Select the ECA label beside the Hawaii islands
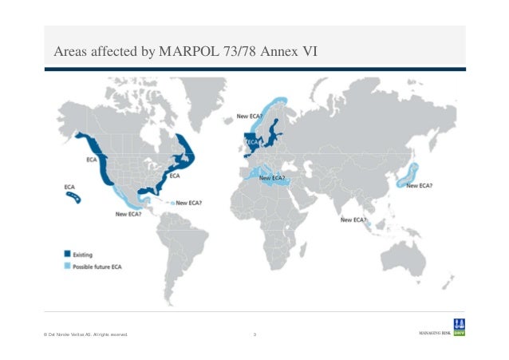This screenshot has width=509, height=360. [69, 187]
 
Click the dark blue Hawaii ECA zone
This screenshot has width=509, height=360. [73, 195]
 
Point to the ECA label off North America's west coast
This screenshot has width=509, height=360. [92, 161]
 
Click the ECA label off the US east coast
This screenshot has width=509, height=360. [175, 175]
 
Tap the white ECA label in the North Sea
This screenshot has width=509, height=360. [251, 141]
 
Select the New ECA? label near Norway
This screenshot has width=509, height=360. [250, 116]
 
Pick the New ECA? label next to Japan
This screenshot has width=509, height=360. [420, 186]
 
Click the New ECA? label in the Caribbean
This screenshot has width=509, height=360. [189, 203]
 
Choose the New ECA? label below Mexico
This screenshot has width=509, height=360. [128, 213]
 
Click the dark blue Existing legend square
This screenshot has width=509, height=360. [68, 255]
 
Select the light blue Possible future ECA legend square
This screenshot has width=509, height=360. [68, 265]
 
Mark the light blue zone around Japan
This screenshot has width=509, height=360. [409, 174]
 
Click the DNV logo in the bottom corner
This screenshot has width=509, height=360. [459, 327]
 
